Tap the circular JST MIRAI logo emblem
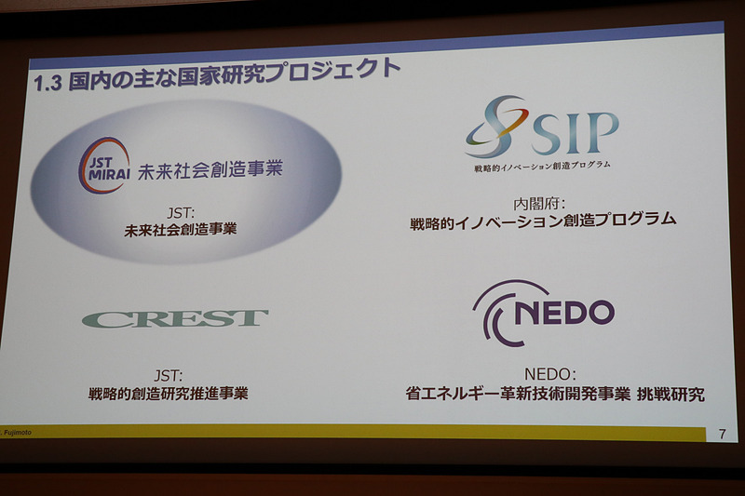102,165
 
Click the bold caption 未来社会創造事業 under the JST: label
180,228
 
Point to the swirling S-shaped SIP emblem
496,127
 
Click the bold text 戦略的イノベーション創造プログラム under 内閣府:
542,221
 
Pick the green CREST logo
175,318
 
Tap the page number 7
722,434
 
